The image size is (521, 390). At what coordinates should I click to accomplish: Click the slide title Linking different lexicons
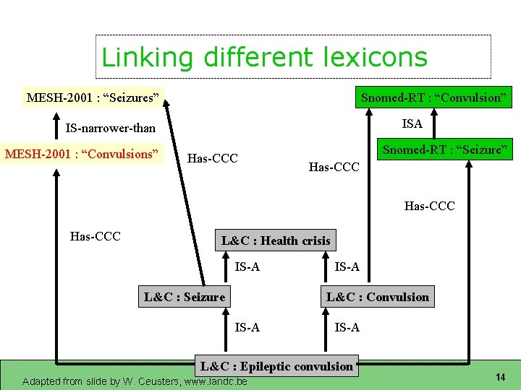tap(264, 57)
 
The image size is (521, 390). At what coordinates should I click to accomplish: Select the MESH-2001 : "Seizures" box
tap(93, 97)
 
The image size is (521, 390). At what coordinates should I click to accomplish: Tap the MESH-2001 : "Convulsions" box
tap(82, 154)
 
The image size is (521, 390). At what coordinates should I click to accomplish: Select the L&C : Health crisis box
tap(276, 240)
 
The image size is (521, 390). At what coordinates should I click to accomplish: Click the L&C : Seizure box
tap(185, 297)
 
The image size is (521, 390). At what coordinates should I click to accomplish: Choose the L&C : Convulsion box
tap(378, 297)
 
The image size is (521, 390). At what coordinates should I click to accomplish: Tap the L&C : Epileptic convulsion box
tap(276, 366)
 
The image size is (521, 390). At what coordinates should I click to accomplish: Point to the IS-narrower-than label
tap(111, 129)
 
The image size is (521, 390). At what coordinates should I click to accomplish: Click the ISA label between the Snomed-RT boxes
tap(412, 123)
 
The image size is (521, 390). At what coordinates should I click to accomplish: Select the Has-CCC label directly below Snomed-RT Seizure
tap(430, 207)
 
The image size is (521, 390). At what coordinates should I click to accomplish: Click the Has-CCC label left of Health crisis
tap(95, 236)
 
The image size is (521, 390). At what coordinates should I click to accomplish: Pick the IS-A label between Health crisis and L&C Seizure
tap(247, 268)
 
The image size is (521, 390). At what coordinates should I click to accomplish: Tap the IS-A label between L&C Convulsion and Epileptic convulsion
tap(347, 328)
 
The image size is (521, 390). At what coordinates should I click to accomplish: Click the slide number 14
tap(500, 377)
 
